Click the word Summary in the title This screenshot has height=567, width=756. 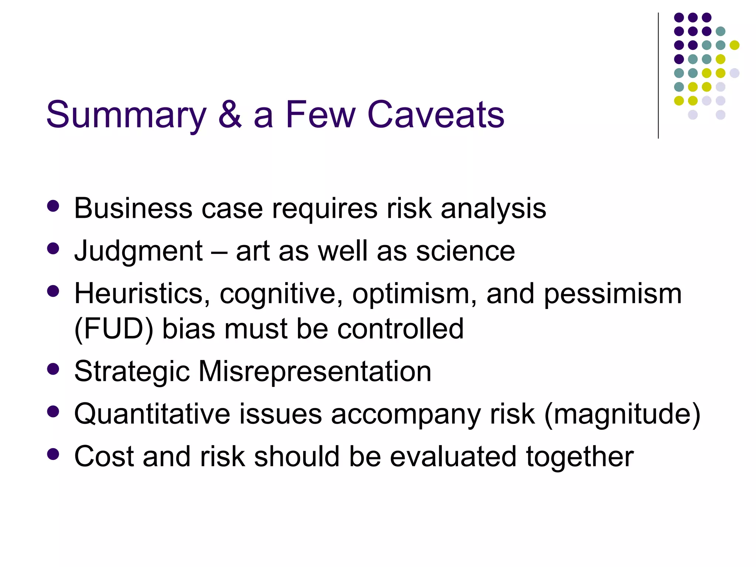[x=126, y=115]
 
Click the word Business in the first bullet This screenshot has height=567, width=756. [x=133, y=209]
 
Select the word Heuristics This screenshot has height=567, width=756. [x=142, y=294]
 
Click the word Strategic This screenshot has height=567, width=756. [x=132, y=372]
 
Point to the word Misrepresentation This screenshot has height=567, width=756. [x=315, y=371]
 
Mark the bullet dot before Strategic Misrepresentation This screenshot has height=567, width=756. [x=54, y=369]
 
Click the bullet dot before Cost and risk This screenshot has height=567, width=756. [x=54, y=454]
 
